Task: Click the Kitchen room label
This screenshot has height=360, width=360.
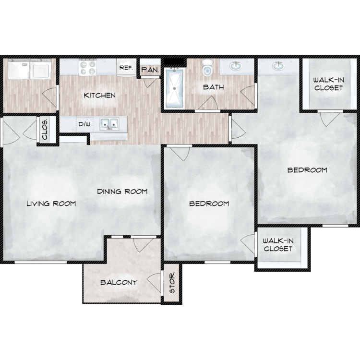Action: click(100, 96)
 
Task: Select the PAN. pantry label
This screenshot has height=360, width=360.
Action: click(150, 70)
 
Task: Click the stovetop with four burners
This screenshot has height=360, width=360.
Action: click(88, 67)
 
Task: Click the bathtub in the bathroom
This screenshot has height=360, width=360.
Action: click(175, 88)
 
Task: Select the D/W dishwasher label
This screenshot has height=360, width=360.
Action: click(84, 124)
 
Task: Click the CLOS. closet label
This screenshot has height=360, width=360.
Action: click(45, 130)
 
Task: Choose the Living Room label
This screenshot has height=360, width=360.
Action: click(51, 204)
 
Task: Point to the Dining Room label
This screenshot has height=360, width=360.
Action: click(122, 192)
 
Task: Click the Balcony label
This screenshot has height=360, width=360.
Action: click(119, 282)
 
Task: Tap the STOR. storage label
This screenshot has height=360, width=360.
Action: click(172, 282)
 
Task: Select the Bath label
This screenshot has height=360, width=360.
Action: click(214, 87)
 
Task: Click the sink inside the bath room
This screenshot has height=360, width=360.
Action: click(236, 66)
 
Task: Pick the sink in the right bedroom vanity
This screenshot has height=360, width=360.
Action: click(278, 66)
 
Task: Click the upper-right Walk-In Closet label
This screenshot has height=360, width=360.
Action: click(328, 84)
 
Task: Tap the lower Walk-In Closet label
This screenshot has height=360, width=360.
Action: click(278, 245)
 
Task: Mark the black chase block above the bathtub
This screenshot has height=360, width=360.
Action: click(174, 62)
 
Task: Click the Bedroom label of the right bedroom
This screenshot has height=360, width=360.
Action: click(307, 170)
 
